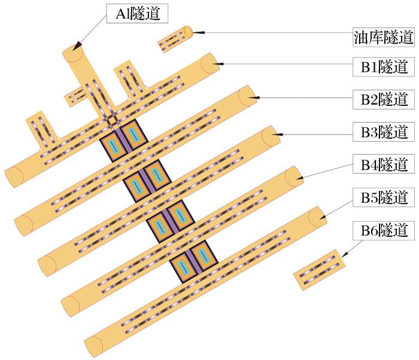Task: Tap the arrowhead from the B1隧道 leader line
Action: tap(220, 62)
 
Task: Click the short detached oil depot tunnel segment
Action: tap(175, 38)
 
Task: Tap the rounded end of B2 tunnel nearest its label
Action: tap(247, 96)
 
